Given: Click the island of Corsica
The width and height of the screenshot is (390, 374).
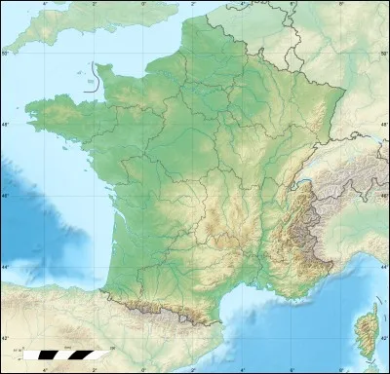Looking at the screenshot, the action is (x=366, y=332).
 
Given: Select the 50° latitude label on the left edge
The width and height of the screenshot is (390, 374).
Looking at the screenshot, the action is (x=5, y=55).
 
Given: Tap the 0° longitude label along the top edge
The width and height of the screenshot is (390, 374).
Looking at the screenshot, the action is (x=144, y=5).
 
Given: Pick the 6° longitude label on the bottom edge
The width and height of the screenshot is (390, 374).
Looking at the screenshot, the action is (x=291, y=369).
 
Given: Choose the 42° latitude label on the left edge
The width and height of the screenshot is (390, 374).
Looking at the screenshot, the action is (x=5, y=338).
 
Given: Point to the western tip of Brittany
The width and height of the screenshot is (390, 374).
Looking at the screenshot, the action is (x=27, y=107).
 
